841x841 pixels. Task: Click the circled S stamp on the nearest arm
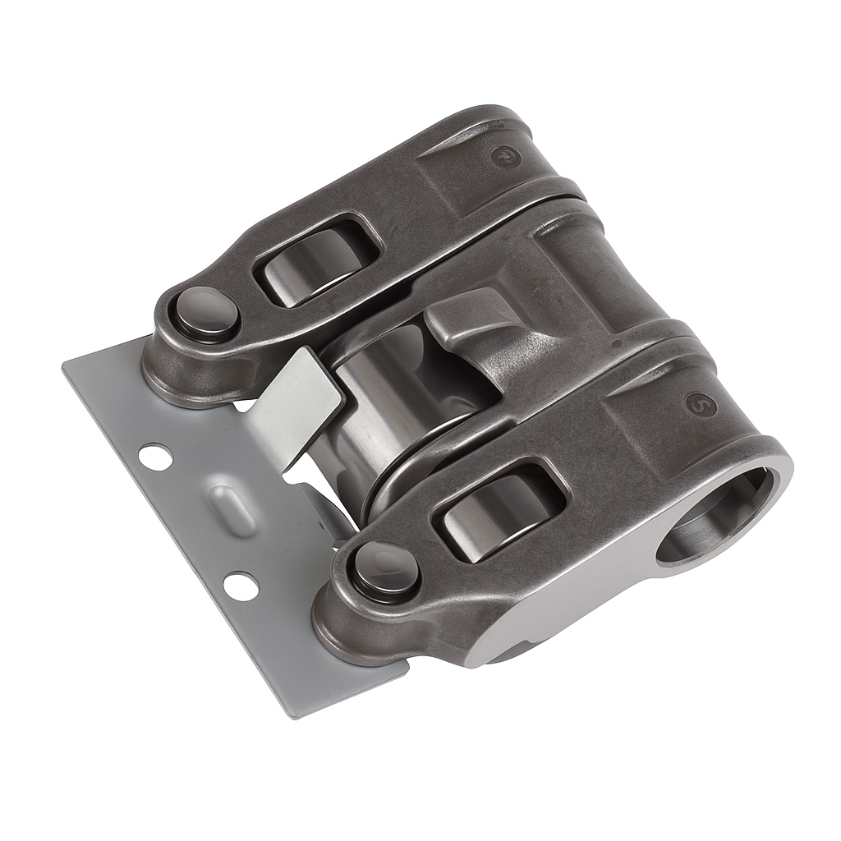point(700,404)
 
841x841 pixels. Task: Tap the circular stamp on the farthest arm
point(504,156)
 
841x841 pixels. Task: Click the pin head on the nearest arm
point(385,568)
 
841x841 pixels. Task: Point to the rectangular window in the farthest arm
point(318,259)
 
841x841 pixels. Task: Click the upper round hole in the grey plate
point(155,456)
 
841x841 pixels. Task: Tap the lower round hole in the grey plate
point(239,585)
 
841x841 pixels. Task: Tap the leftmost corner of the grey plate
point(64,367)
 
